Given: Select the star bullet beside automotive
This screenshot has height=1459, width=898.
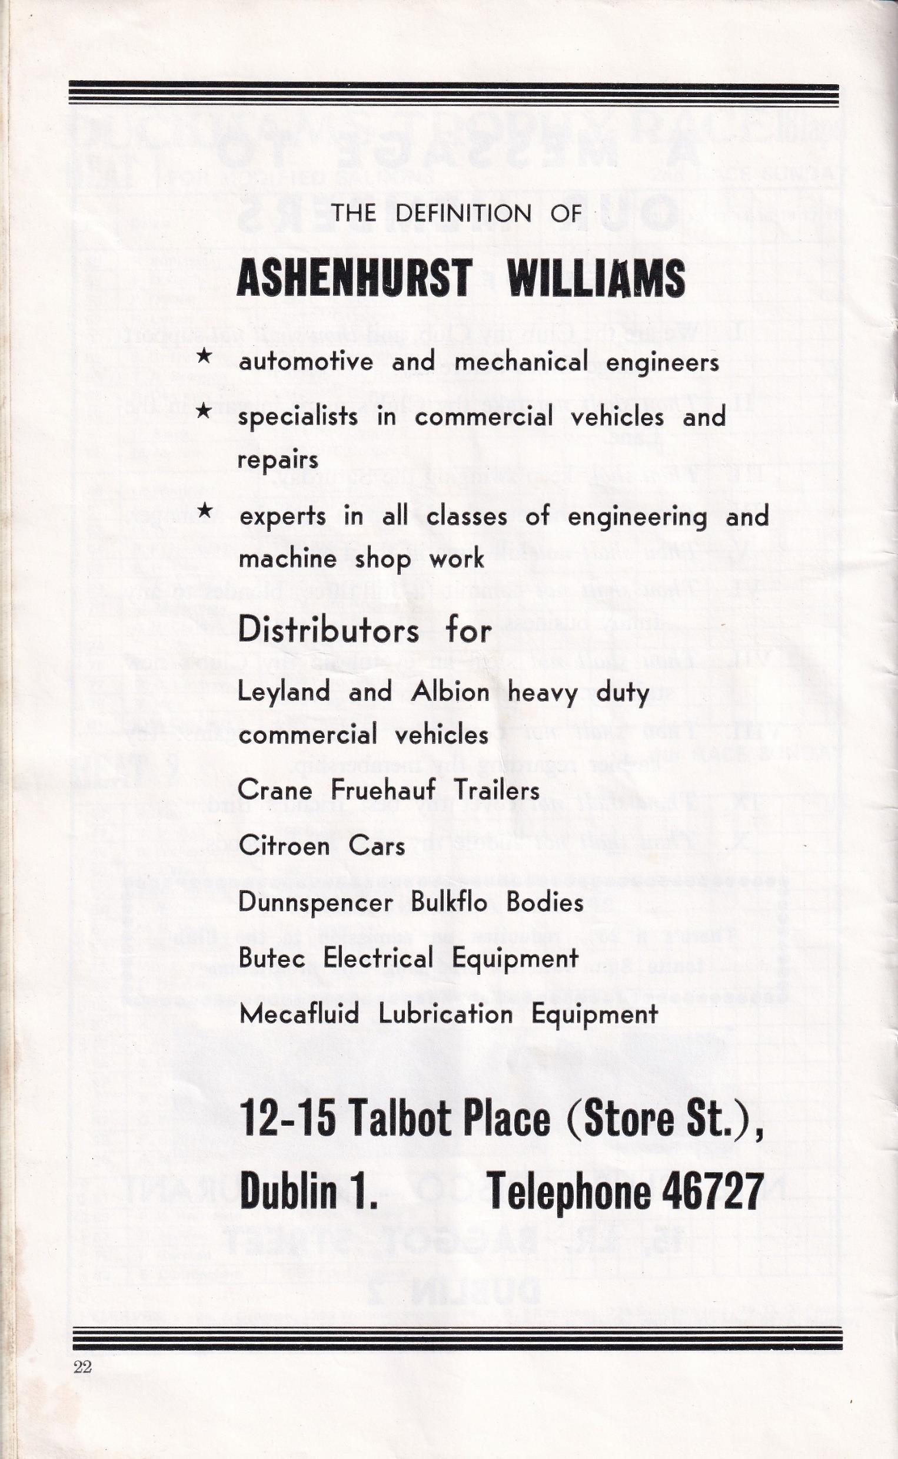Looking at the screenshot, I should point(204,356).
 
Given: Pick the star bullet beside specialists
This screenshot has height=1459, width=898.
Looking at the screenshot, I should point(204,411).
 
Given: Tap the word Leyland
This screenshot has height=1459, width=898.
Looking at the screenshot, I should point(284,692).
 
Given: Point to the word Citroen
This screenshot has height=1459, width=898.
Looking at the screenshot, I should point(284,846).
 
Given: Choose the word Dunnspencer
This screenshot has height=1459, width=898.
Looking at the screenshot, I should point(315,902).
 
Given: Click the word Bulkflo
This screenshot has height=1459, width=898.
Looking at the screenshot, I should point(449,902).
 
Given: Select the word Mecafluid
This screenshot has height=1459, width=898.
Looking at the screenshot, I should point(300,1014).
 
